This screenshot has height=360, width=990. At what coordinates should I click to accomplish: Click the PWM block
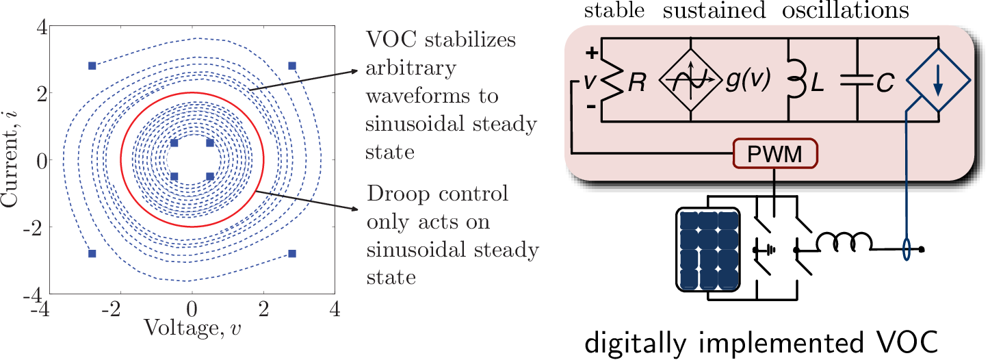775,154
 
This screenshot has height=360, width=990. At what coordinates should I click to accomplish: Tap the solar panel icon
707,248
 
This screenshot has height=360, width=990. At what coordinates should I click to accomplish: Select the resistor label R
636,83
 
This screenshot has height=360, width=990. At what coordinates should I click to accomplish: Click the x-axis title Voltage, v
192,328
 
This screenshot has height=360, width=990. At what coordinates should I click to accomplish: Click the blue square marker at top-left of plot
92,66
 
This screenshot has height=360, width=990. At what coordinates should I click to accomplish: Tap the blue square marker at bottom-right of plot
291,253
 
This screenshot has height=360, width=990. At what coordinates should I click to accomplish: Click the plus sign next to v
592,53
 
